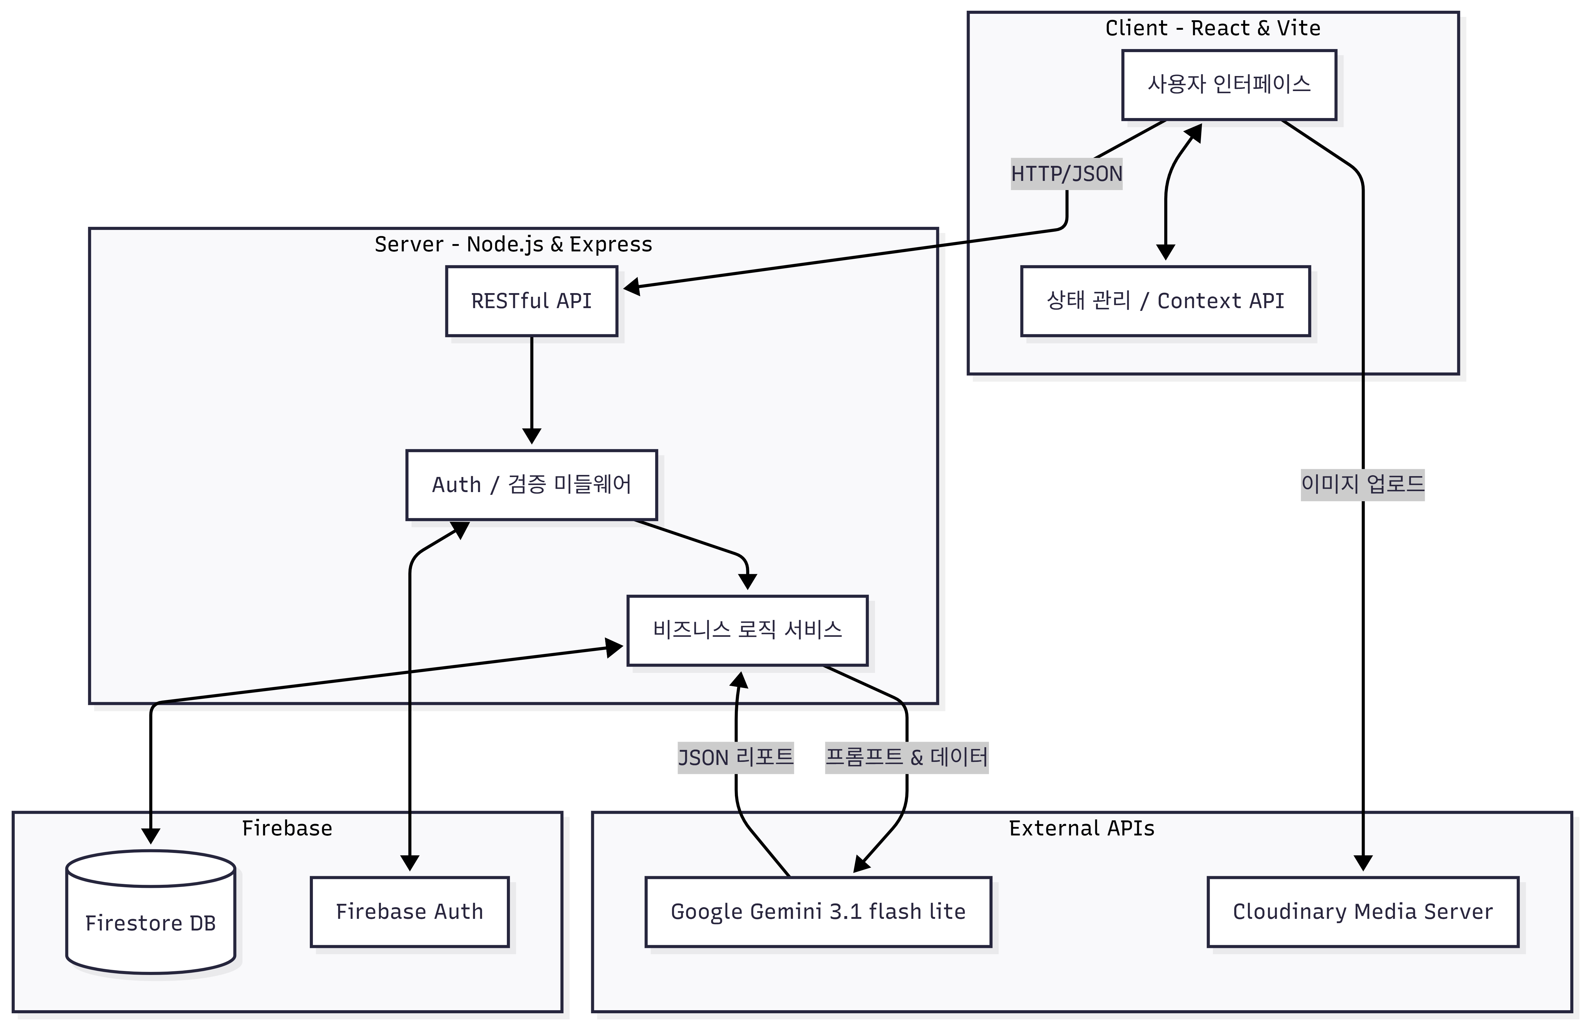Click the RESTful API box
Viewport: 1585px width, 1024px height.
[532, 301]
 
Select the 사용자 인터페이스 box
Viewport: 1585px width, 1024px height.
[1229, 84]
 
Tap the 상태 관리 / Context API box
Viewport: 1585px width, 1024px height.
[1165, 301]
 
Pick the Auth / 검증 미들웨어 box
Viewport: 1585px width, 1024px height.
[532, 485]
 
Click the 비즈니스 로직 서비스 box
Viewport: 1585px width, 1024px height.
[748, 630]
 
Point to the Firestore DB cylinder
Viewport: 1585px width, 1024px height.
[151, 911]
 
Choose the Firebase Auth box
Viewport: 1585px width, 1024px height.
[409, 911]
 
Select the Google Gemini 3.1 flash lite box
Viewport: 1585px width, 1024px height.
[818, 911]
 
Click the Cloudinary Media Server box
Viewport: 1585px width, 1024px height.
[1363, 911]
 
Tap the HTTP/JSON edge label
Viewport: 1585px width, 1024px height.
[1067, 174]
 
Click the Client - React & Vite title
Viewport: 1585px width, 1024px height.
[1213, 28]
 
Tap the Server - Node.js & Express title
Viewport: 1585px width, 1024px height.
[513, 245]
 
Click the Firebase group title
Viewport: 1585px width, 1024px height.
[287, 828]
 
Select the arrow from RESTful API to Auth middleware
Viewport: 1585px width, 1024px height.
[532, 390]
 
